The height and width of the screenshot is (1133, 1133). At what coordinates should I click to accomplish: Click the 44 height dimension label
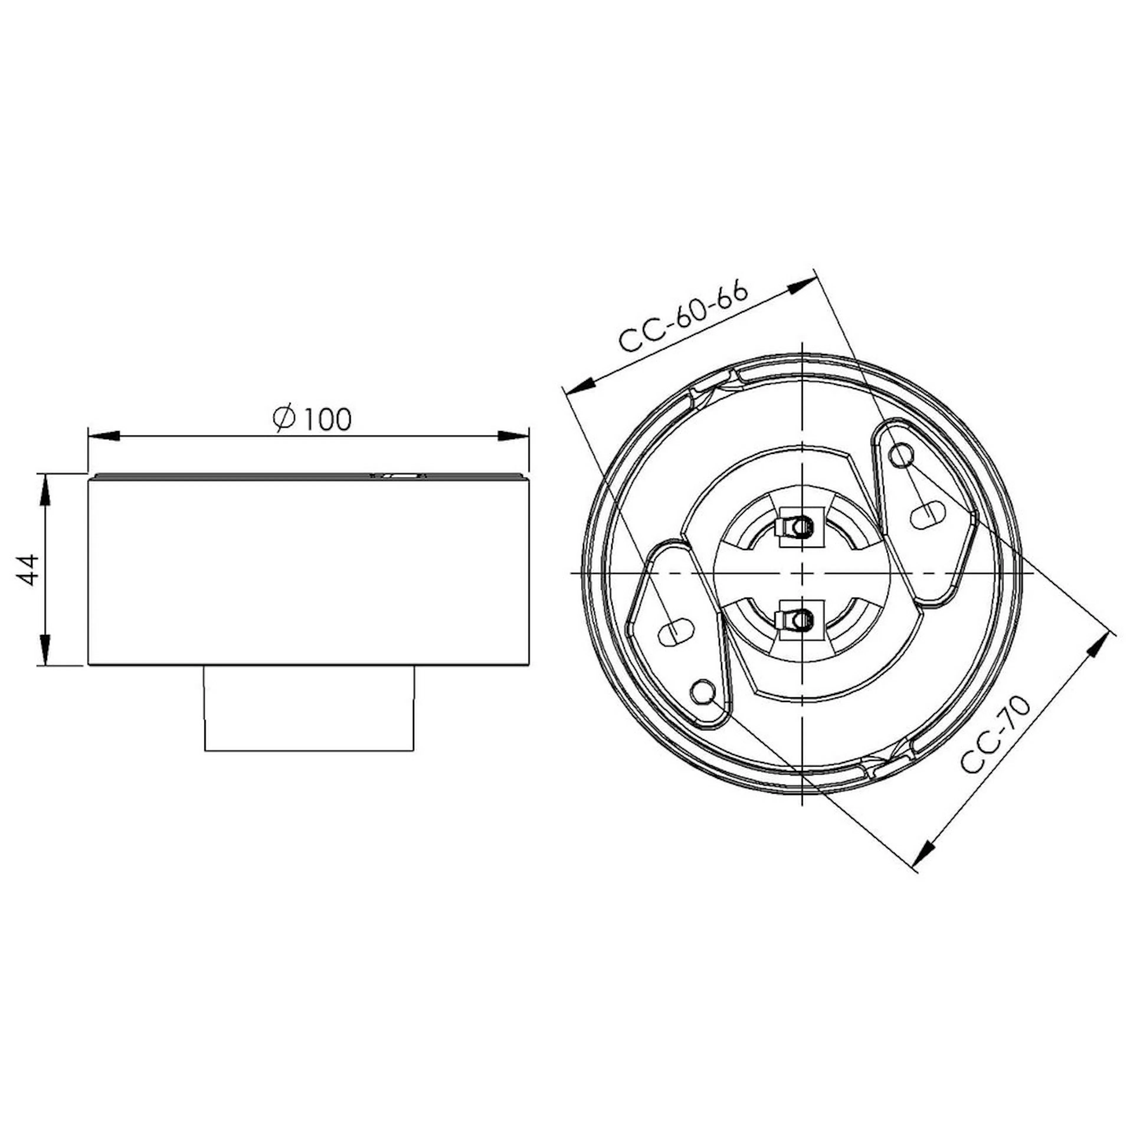click(x=27, y=569)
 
